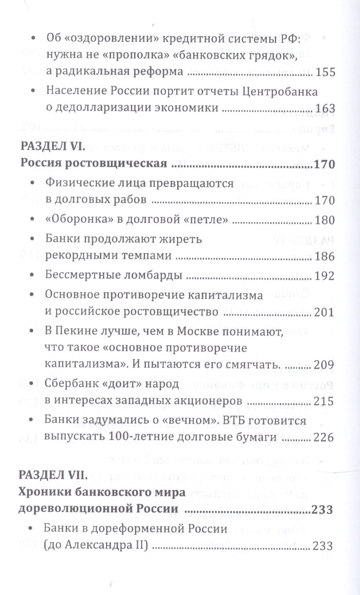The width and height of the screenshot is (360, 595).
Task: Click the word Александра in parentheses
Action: point(97,546)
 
